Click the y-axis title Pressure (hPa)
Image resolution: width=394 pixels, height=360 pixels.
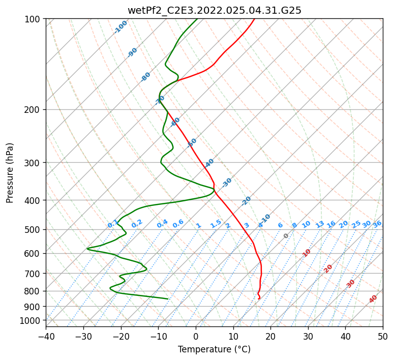coord(10,173)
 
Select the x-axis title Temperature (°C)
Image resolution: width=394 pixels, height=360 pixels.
coord(214,349)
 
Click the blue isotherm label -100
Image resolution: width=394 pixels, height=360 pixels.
coord(121,27)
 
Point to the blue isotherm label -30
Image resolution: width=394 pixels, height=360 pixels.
coord(227,182)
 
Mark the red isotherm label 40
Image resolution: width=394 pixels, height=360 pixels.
coord(373,299)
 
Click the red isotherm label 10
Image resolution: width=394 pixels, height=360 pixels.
coord(306,253)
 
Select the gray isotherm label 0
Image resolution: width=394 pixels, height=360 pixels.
coord(286,236)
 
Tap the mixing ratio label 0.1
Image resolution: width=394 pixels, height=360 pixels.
coord(113,224)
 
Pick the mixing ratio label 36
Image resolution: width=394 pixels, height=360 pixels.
coord(377,224)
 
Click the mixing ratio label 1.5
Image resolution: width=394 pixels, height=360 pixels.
coord(216,223)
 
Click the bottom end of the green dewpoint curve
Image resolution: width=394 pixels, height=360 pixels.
coord(168,299)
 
